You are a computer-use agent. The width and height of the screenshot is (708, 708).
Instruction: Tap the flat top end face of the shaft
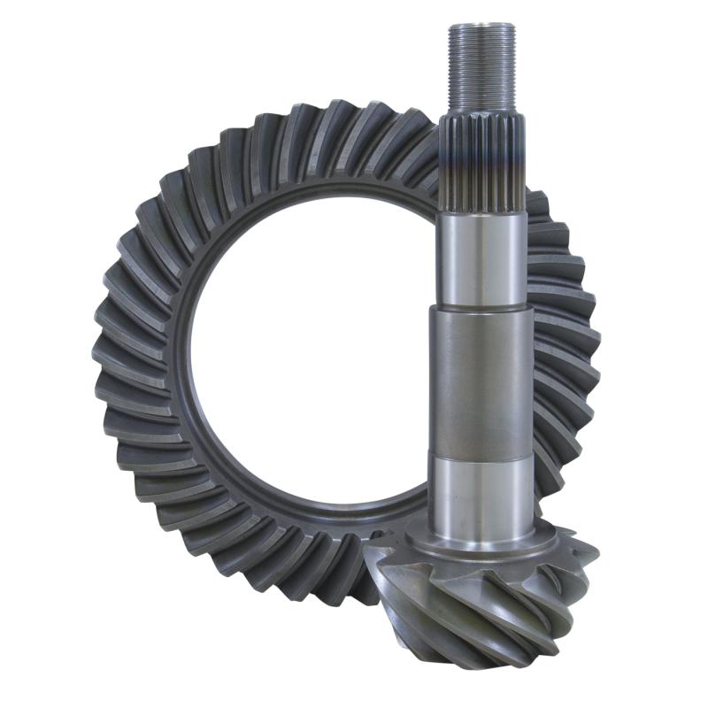481,27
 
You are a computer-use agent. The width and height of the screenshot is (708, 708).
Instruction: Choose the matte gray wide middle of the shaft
482,381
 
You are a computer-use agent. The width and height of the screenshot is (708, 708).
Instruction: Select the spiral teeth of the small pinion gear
478,602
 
